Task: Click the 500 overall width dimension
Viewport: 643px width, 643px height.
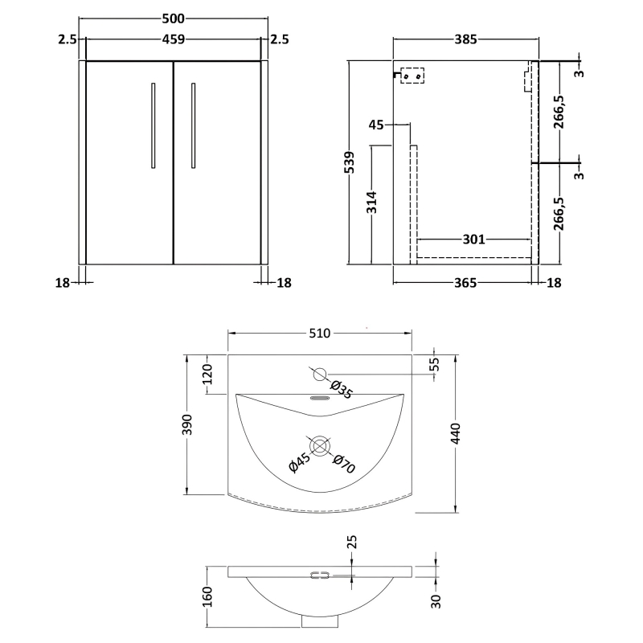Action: click(x=173, y=17)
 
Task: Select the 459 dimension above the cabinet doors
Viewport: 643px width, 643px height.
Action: click(x=173, y=37)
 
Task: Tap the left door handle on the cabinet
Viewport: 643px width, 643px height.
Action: click(x=153, y=125)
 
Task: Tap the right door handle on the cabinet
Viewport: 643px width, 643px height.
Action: click(x=194, y=125)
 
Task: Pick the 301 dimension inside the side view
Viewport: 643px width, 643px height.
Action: click(x=474, y=239)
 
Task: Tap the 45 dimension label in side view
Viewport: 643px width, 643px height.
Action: click(x=377, y=125)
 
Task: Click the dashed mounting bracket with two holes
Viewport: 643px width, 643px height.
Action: click(x=414, y=76)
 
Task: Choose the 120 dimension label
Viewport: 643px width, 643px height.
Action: click(x=207, y=375)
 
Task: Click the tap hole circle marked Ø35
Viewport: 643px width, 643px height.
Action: click(x=319, y=374)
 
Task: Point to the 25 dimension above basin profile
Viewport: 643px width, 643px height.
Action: click(x=351, y=544)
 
